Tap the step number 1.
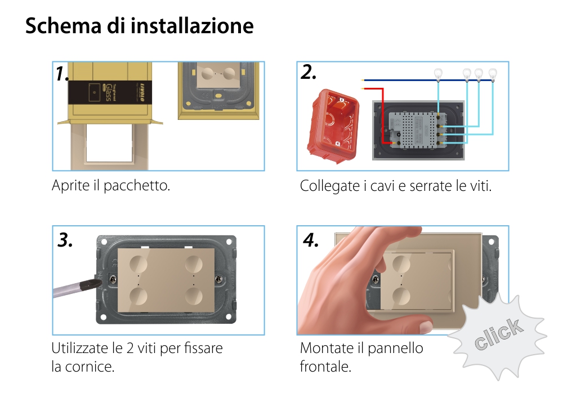(x=62, y=74)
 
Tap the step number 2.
(x=309, y=73)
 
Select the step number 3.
(x=65, y=240)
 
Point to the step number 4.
(x=311, y=240)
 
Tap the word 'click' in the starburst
(x=497, y=334)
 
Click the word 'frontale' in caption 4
(x=325, y=367)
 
